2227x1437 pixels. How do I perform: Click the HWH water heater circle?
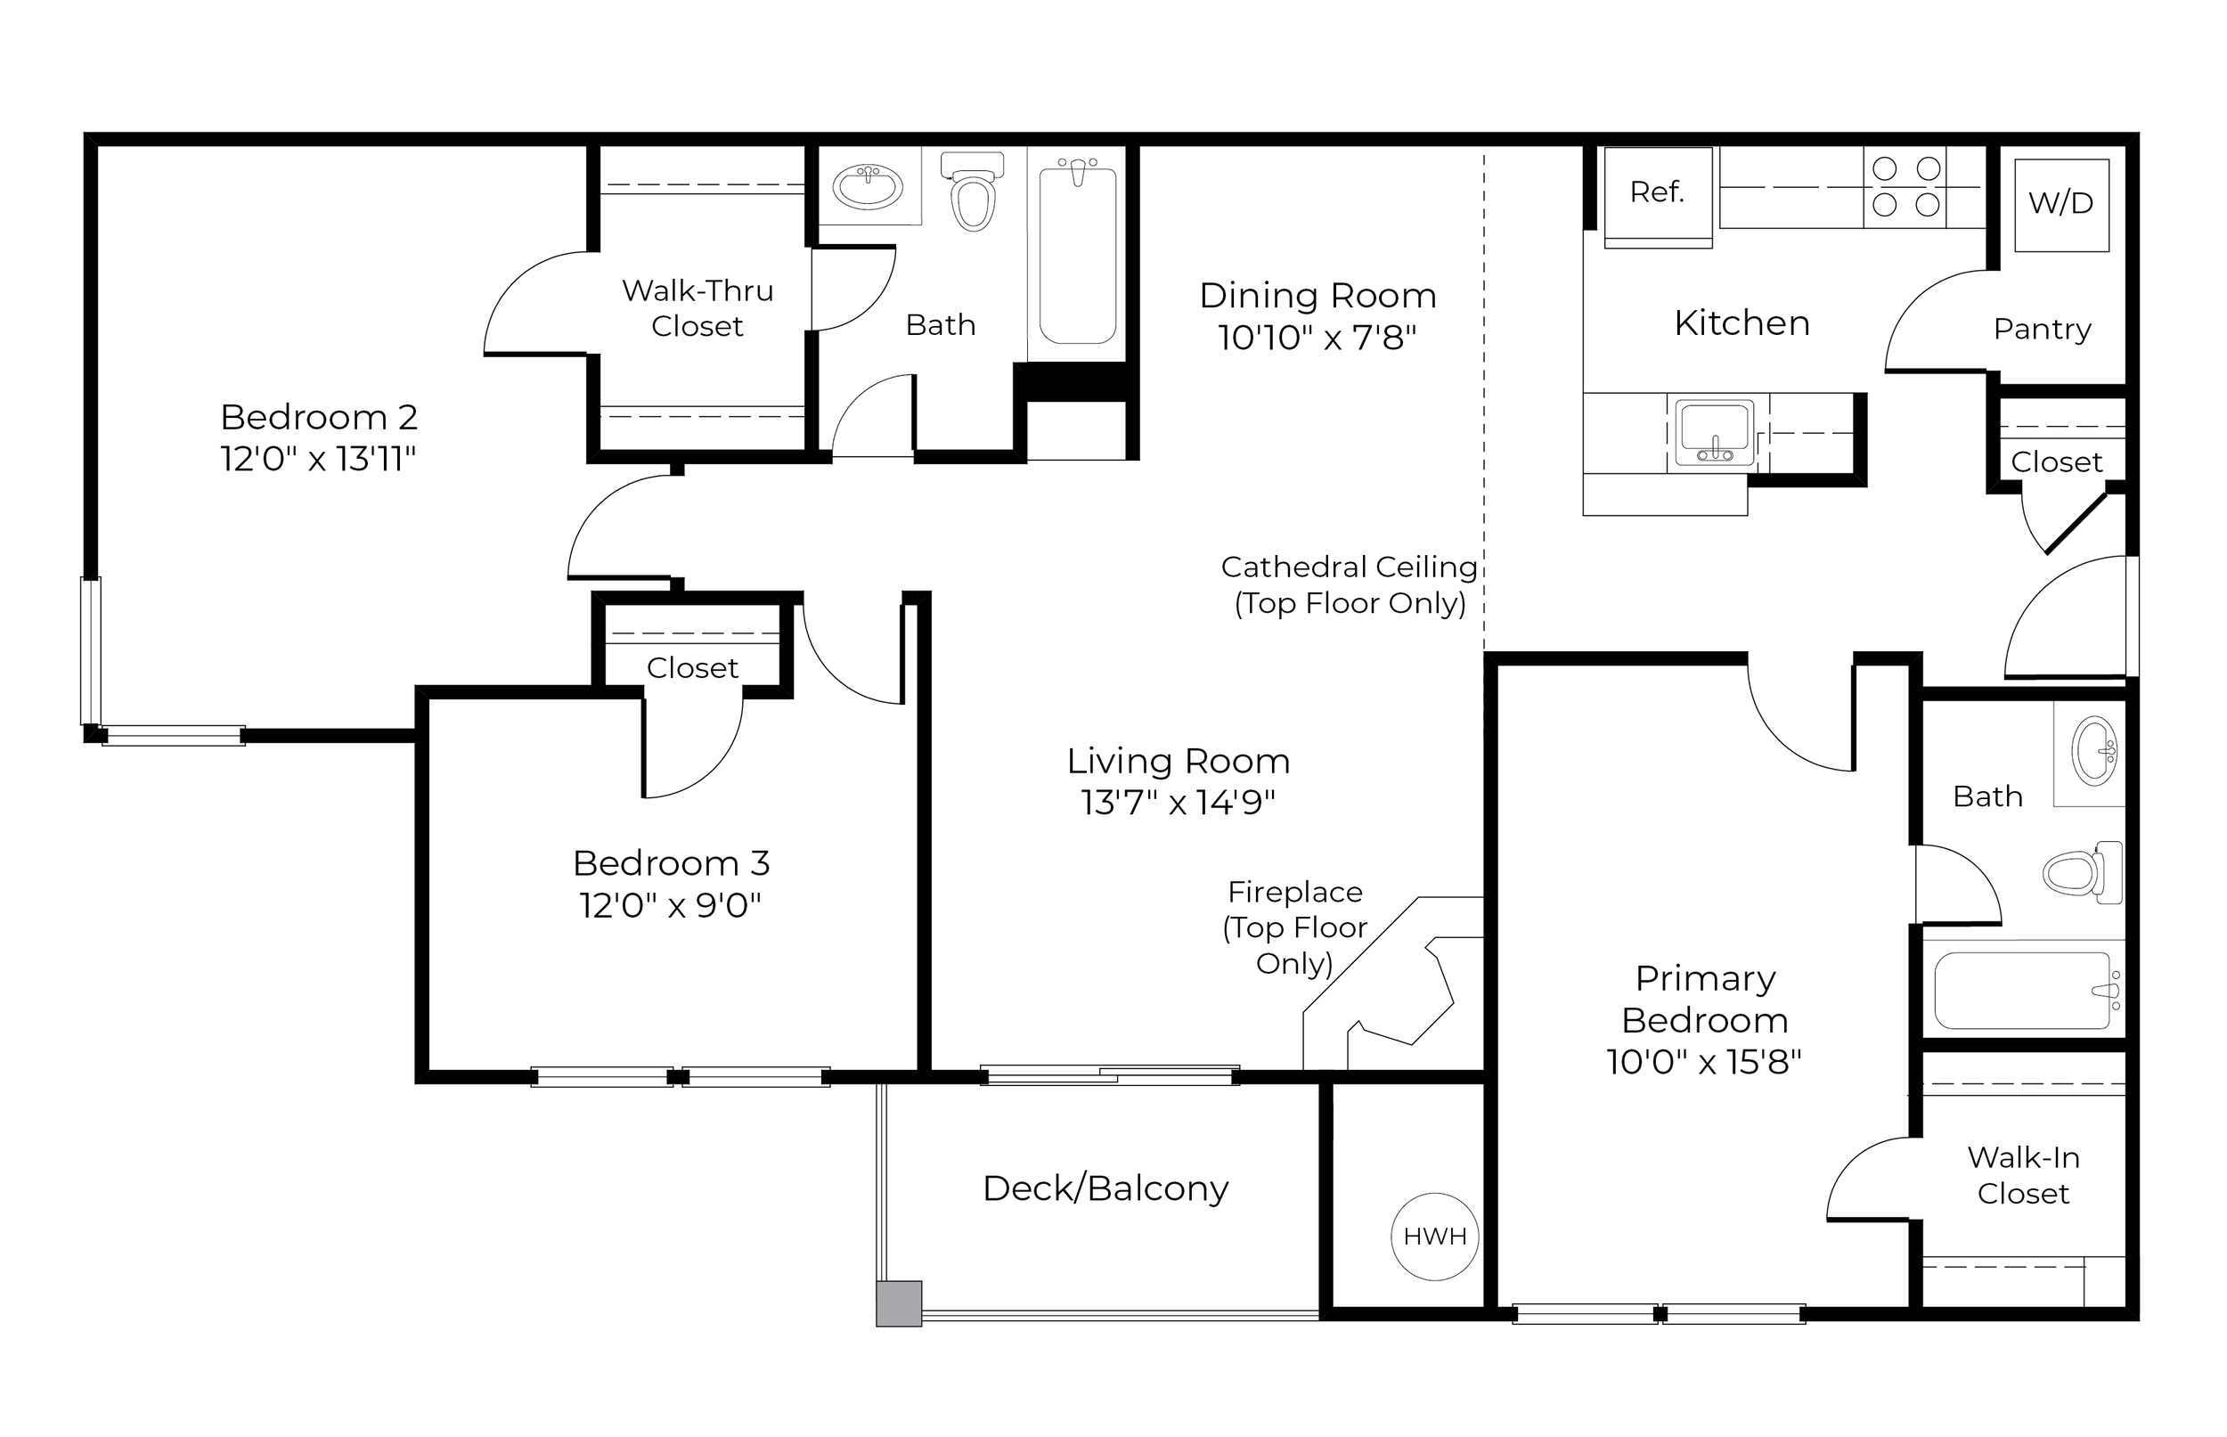(x=1435, y=1237)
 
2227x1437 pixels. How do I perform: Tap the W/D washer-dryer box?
(x=2062, y=205)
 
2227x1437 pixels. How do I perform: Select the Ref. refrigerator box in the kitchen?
(x=1658, y=197)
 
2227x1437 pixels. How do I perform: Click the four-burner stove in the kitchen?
(x=1905, y=186)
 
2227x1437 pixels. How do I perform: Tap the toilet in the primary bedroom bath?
(x=2083, y=872)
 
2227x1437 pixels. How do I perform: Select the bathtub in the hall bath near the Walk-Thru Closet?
(x=1078, y=252)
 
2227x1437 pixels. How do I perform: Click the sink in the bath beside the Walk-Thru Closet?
(x=868, y=185)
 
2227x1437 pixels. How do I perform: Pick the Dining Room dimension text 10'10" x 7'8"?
(x=1317, y=337)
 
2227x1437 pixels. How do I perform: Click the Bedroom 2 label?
(x=319, y=417)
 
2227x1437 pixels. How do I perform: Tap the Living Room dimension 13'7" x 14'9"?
(x=1179, y=803)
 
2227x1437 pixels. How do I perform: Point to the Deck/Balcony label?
(x=1105, y=1188)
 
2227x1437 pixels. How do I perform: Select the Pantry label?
(x=2043, y=330)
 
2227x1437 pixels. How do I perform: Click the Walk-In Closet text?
(x=2024, y=1176)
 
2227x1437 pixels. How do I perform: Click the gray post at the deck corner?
(x=899, y=1303)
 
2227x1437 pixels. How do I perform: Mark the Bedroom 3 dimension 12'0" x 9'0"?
(x=671, y=905)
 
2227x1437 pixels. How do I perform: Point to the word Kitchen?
(x=1742, y=323)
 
